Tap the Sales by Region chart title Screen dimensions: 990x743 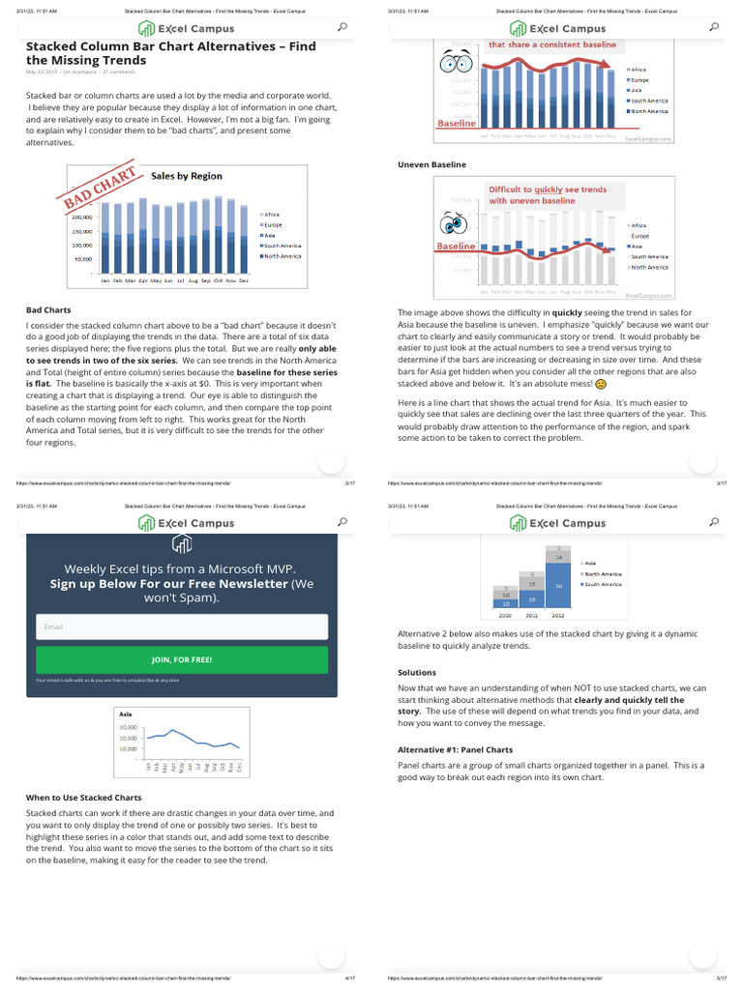click(x=187, y=176)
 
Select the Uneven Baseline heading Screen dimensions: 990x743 click(x=431, y=164)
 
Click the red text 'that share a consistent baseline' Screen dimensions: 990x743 click(x=551, y=45)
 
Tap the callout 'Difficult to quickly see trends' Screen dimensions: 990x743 click(x=548, y=189)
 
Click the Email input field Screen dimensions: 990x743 click(x=182, y=626)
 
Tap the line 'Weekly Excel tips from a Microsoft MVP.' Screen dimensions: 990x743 click(x=181, y=568)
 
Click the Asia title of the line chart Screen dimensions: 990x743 click(x=125, y=714)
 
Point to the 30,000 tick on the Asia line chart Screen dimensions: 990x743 click(x=129, y=727)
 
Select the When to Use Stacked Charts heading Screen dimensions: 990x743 click(x=83, y=798)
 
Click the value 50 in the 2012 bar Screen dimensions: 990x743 click(x=558, y=586)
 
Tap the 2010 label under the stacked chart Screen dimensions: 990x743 click(x=505, y=615)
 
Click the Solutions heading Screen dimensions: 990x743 click(x=417, y=672)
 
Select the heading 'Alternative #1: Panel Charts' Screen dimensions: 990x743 click(x=455, y=749)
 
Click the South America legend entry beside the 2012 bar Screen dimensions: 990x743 click(x=603, y=584)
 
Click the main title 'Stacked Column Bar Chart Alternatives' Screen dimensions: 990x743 click(x=170, y=45)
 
